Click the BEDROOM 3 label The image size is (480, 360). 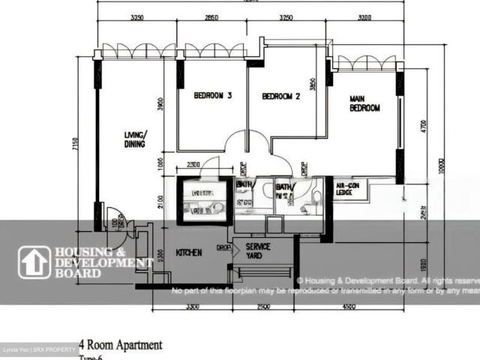pyautogui.click(x=212, y=95)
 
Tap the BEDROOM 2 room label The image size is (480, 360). pyautogui.click(x=280, y=96)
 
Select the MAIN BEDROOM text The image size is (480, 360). pyautogui.click(x=364, y=103)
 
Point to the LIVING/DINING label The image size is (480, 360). pyautogui.click(x=136, y=140)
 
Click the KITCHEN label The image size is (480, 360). pyautogui.click(x=188, y=253)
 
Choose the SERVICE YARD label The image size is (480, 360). pyautogui.click(x=257, y=250)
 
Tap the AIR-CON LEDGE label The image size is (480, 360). pyautogui.click(x=345, y=190)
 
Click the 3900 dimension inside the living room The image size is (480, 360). pyautogui.click(x=160, y=105)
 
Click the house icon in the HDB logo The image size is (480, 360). pyautogui.click(x=34, y=262)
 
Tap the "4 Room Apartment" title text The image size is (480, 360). pyautogui.click(x=120, y=346)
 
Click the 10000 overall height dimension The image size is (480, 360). pyautogui.click(x=442, y=169)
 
